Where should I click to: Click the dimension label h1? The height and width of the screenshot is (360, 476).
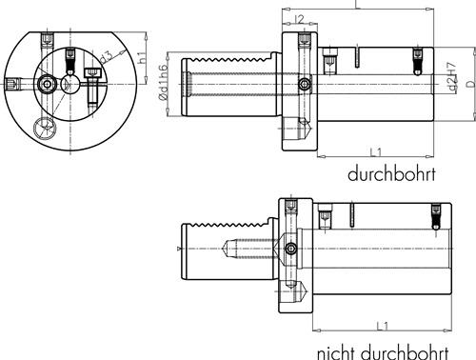(x=143, y=57)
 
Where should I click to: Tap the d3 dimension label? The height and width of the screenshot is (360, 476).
(x=106, y=57)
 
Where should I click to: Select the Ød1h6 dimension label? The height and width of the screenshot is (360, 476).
(x=163, y=82)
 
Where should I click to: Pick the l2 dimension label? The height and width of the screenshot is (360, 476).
(x=299, y=19)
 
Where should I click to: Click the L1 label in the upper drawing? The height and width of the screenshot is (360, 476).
(x=376, y=152)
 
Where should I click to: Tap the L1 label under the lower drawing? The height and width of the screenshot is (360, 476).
(x=383, y=326)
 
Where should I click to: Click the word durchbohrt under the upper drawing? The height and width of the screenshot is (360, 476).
(x=391, y=174)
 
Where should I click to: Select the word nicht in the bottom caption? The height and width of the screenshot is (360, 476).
(x=337, y=352)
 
